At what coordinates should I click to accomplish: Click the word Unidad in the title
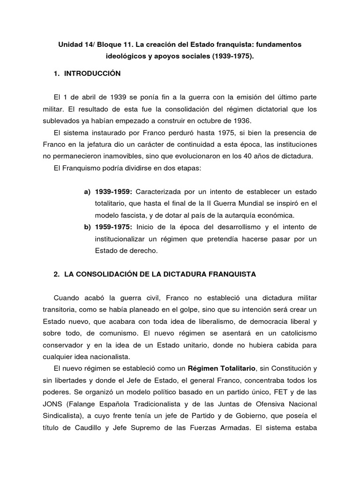click(x=68, y=45)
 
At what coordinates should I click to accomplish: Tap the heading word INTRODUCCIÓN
click(x=95, y=74)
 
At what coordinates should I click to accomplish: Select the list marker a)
click(x=87, y=192)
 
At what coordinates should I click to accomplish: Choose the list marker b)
click(x=87, y=227)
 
